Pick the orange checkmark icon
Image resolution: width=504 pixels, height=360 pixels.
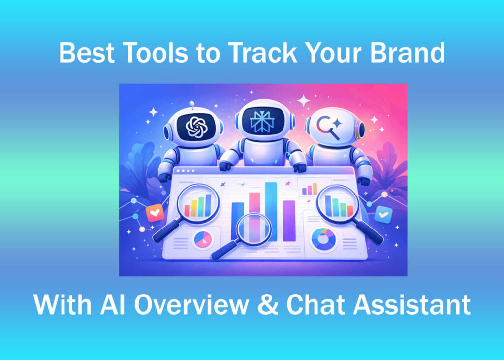click(x=154, y=213)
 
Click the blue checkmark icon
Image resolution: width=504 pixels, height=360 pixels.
click(x=383, y=214)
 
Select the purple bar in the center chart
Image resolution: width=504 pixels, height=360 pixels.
click(x=289, y=220)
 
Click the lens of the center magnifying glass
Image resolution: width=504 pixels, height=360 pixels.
click(x=253, y=229)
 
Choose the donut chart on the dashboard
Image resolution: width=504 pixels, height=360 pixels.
click(x=323, y=239)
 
